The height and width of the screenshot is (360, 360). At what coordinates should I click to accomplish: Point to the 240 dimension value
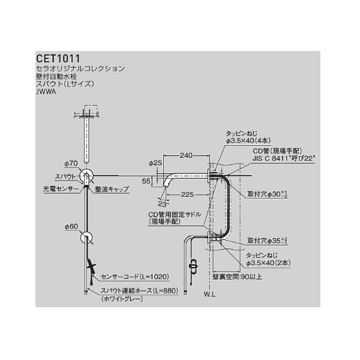click(185, 155)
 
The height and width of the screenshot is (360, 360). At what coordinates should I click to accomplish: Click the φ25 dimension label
click(155, 163)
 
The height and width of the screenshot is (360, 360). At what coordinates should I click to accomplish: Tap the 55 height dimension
click(146, 180)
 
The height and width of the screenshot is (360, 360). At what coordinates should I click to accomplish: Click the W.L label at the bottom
click(209, 295)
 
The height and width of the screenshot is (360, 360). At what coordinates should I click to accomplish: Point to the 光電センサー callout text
click(61, 188)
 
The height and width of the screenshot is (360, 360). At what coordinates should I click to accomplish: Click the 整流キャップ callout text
click(112, 188)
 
